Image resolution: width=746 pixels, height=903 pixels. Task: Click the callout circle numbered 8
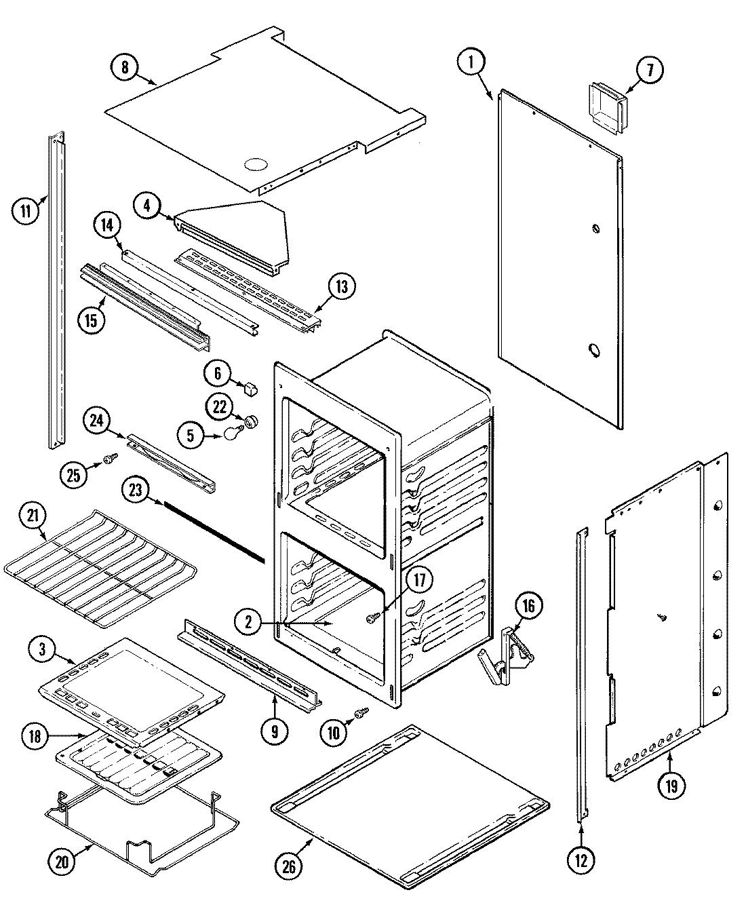coord(124,67)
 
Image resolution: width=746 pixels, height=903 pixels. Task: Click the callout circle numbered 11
coord(25,210)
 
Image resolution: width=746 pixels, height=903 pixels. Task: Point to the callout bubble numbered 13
coord(341,287)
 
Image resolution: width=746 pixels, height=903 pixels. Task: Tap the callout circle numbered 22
coord(218,407)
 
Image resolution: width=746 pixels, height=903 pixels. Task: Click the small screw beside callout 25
coord(108,461)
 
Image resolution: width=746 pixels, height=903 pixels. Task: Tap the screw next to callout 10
coord(362,712)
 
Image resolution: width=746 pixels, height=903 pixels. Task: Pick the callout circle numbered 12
coord(581,861)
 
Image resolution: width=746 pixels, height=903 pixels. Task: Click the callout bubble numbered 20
coord(62,861)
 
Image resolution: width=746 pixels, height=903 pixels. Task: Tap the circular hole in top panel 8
coord(254,164)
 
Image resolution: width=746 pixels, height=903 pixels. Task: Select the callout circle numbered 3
coord(43,649)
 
